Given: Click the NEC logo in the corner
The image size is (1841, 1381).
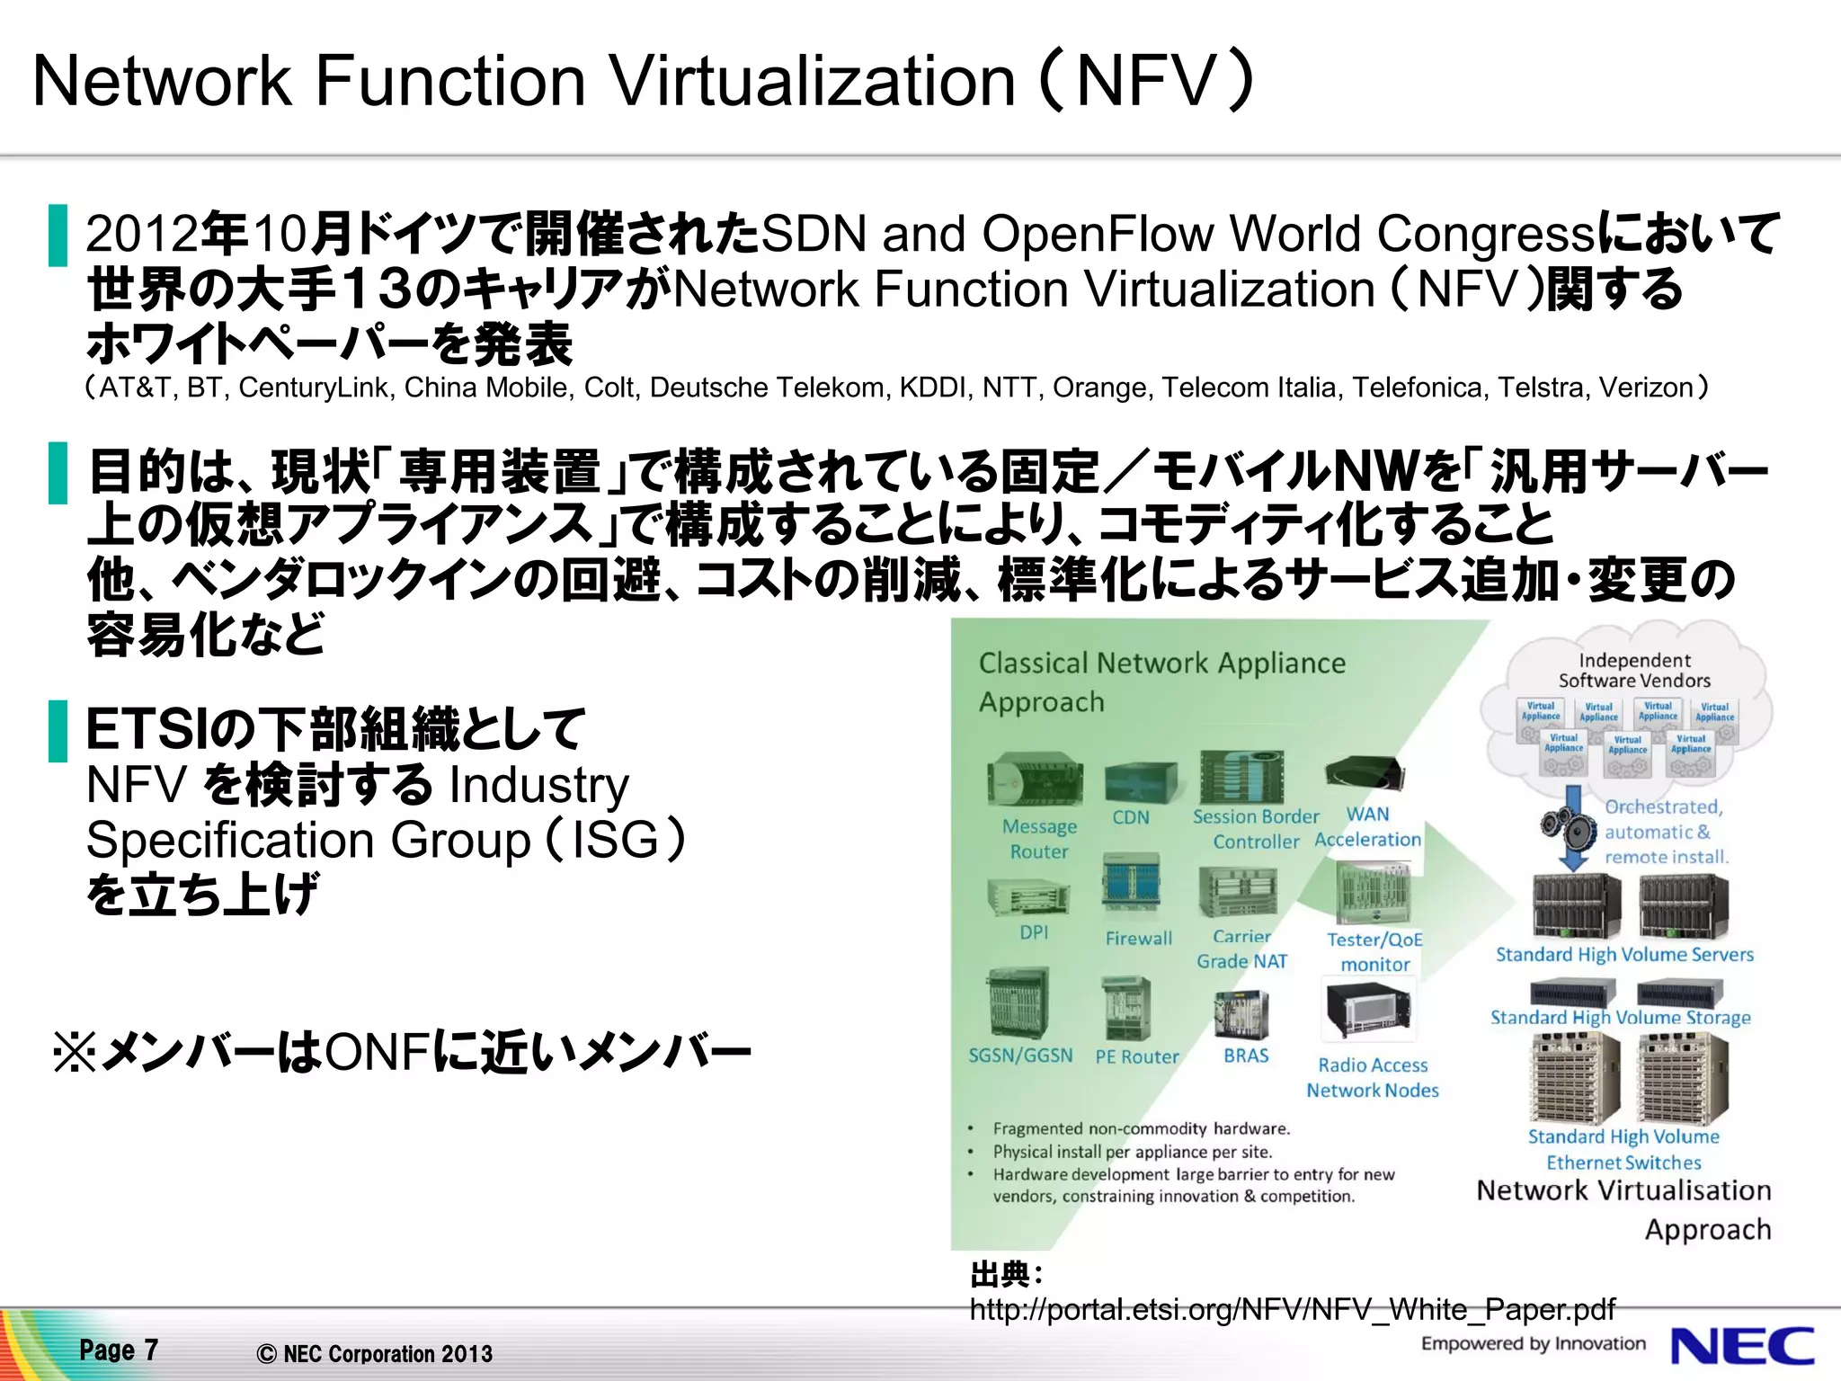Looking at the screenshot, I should pos(1742,1346).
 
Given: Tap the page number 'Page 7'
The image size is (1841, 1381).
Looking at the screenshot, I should pos(118,1350).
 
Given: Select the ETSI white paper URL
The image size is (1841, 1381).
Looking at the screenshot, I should pos(1292,1309).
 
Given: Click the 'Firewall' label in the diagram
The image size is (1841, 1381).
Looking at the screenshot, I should pos(1138,939).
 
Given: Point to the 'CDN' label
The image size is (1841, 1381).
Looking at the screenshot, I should pos(1130,817).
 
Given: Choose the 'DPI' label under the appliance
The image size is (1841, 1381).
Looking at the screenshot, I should pos(1034,932).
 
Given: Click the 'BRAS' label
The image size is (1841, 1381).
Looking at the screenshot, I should pos(1246,1056).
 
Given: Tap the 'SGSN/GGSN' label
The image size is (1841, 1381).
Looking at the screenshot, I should pos(1020,1056).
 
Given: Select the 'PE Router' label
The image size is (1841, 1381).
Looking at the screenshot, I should pos(1136,1057).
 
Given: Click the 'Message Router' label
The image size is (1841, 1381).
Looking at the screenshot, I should pos(1039,839).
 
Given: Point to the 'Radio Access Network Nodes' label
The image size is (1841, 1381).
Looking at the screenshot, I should pos(1373,1077).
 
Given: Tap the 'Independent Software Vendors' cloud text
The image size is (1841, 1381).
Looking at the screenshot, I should pos(1634,671).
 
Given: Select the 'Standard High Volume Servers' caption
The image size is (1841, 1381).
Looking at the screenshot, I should pos(1624,955).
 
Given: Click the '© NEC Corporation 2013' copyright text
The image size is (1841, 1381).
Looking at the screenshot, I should pos(375,1354).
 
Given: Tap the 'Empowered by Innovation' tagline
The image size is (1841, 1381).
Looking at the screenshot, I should pos(1533,1343).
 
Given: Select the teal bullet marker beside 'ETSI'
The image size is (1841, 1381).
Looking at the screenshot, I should pos(58,731).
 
